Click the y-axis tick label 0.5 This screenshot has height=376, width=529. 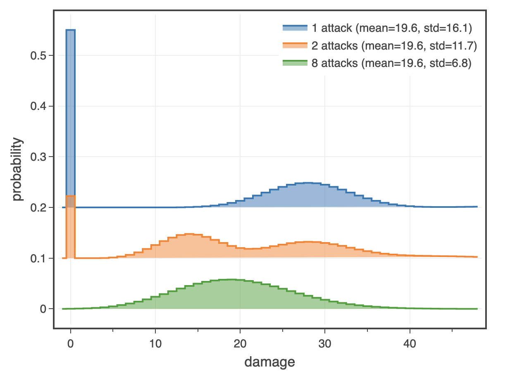coord(38,56)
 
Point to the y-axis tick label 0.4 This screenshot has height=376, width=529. coord(38,107)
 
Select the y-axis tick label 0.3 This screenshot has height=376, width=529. coord(38,157)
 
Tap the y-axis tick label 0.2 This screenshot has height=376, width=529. coord(38,207)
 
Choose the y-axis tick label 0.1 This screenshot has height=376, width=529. coord(38,258)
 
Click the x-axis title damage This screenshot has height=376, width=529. coord(269,362)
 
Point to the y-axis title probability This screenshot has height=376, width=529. coord(17,170)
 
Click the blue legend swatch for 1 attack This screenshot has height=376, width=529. coord(295,28)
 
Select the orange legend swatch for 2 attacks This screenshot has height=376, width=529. coord(295,46)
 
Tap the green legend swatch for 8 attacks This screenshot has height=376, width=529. coord(295,64)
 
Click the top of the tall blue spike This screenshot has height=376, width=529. coord(71,30)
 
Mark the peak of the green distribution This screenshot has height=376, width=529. coord(231,280)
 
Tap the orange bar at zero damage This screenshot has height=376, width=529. coord(71,227)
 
